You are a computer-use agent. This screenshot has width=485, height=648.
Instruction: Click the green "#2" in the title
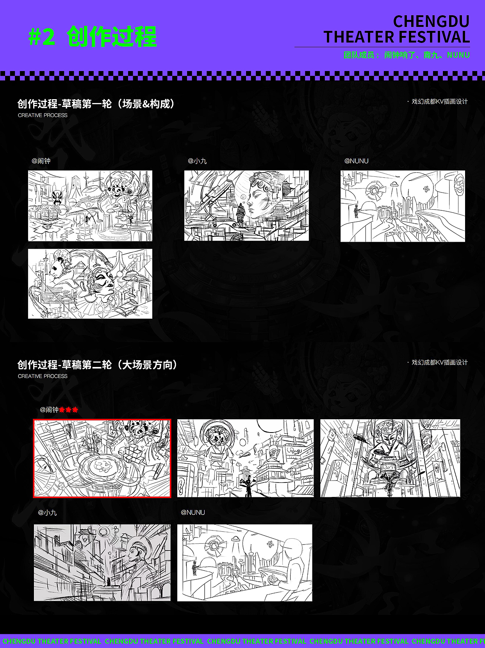[41, 37]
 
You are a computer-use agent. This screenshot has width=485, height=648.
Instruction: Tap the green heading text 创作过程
[112, 37]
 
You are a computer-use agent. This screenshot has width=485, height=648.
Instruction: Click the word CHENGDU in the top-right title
[431, 22]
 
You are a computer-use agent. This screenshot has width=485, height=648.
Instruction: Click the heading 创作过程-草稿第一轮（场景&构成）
[96, 104]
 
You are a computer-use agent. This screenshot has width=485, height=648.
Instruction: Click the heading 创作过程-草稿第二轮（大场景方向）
[97, 365]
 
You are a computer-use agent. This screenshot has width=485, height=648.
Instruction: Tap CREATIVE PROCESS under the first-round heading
[43, 115]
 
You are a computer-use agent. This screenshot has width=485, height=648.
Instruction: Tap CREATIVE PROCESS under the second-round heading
[43, 376]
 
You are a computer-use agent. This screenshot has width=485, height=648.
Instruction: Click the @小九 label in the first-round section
[197, 161]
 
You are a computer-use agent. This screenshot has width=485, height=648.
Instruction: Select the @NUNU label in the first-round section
[356, 161]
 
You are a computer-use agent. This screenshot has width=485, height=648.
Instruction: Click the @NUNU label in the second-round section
[193, 513]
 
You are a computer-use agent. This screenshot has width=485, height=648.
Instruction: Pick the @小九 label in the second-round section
[47, 513]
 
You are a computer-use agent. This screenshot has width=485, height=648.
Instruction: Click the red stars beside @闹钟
[69, 409]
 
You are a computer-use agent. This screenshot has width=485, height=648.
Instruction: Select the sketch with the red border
[102, 458]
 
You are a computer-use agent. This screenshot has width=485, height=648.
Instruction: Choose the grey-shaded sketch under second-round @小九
[102, 562]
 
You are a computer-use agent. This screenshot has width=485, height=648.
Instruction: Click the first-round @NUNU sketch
[403, 206]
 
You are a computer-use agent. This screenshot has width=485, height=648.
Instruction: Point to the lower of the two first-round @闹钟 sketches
[90, 284]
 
